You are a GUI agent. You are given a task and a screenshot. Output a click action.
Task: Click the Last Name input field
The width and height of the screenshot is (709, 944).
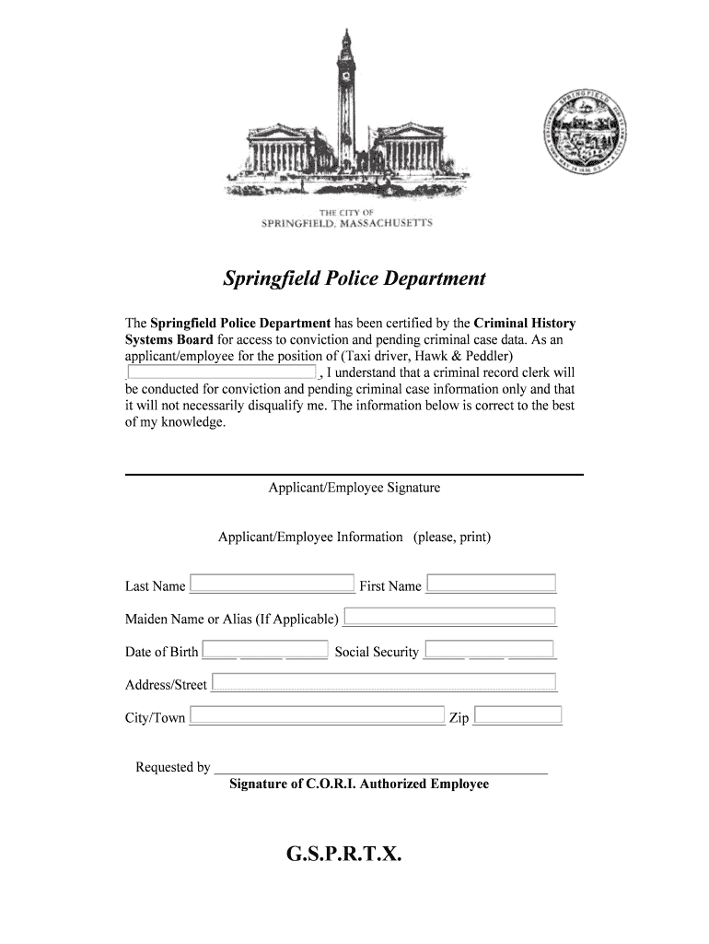click(272, 584)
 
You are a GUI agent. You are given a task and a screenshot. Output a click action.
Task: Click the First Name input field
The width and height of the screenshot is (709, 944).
click(492, 583)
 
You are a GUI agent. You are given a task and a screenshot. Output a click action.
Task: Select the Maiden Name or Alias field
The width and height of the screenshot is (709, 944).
click(449, 616)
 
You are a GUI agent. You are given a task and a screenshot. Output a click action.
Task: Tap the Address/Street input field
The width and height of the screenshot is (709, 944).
click(384, 682)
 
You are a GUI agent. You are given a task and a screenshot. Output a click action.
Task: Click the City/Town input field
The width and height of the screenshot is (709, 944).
click(317, 715)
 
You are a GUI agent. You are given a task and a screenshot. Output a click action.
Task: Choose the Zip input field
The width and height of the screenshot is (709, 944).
click(517, 714)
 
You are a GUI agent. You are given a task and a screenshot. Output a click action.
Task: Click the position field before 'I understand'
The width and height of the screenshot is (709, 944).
click(221, 372)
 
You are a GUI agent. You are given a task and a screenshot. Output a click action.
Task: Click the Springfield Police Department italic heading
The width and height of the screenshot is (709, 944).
click(354, 278)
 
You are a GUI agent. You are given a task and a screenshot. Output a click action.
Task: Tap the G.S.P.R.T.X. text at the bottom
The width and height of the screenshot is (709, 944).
click(343, 855)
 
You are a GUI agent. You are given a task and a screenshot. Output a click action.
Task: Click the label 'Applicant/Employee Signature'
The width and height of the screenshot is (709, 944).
click(354, 488)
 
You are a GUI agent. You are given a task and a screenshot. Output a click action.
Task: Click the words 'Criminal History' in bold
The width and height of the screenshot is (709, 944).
click(525, 323)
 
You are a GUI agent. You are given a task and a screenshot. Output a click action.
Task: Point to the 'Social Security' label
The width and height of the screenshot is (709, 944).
click(377, 652)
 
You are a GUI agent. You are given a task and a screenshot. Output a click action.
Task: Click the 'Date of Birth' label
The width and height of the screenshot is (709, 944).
click(161, 652)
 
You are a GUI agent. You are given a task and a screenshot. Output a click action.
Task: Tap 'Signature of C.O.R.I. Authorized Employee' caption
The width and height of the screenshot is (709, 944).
click(359, 785)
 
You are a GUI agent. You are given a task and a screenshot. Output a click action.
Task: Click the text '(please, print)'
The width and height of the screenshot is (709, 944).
click(451, 537)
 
